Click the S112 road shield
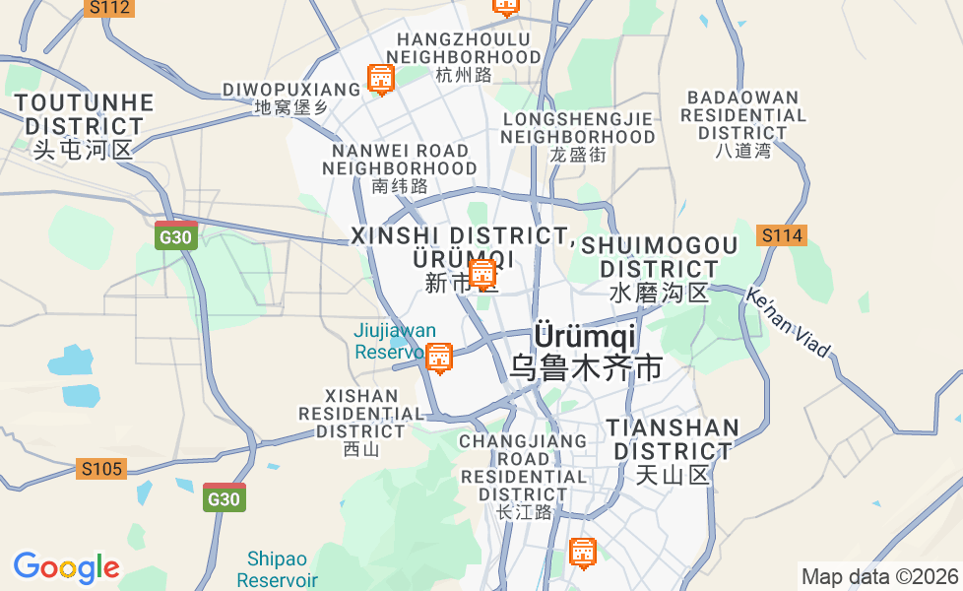coord(108,8)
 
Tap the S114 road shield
coord(782,235)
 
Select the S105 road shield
coord(101,469)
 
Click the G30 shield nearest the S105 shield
coord(224,498)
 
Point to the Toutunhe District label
coord(84,126)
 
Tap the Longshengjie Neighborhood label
coord(578,136)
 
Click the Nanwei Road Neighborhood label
coord(400,167)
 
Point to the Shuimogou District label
coord(659,268)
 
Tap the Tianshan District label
coord(673,451)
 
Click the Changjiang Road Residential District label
coord(523,476)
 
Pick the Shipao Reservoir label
coord(277,569)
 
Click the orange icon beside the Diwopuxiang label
coord(380,79)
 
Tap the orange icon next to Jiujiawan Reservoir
coord(439,358)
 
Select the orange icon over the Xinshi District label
coord(482,274)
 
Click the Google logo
coord(66,567)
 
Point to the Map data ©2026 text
coord(879,576)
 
